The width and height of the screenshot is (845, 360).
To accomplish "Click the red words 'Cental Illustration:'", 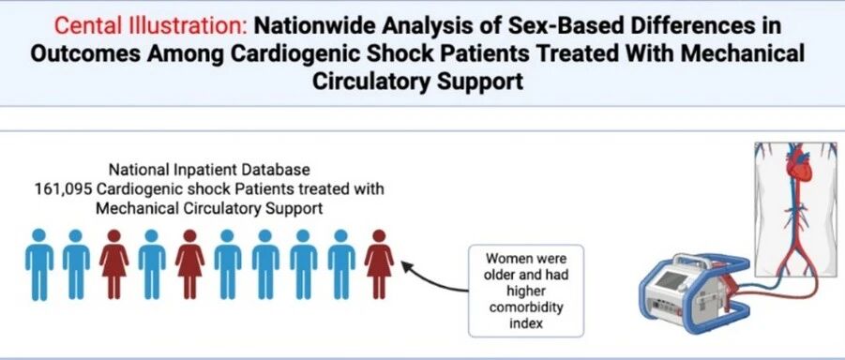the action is (x=153, y=26).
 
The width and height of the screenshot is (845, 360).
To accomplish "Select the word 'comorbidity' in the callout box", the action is (x=525, y=307).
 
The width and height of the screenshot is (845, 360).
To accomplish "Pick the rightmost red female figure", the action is (x=379, y=264).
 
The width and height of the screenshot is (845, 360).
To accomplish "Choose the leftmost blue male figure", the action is (x=39, y=264).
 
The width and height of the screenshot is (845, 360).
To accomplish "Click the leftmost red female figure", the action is (x=113, y=264).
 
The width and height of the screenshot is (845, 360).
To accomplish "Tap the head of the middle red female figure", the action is (x=189, y=235).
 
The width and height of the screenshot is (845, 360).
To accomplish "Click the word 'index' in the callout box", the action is (x=526, y=323).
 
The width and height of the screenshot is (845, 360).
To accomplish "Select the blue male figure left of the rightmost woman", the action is (x=341, y=264).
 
